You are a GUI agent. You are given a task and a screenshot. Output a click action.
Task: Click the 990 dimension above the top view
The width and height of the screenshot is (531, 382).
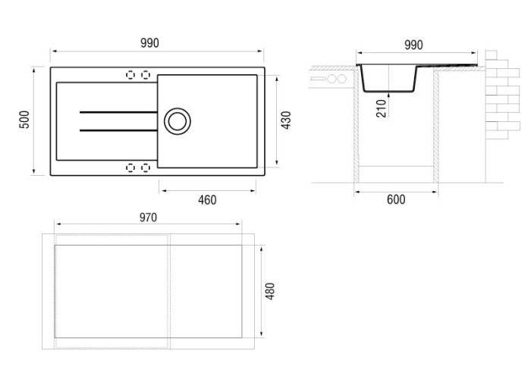point(149,43)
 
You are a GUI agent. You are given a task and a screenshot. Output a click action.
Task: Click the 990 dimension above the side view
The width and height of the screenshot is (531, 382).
point(413,45)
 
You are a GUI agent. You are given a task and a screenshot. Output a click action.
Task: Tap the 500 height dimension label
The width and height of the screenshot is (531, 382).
point(24,120)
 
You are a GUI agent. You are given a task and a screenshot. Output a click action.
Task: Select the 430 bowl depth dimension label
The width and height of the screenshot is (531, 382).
point(286,120)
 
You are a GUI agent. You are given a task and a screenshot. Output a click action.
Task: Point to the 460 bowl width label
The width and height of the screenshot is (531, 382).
point(207,200)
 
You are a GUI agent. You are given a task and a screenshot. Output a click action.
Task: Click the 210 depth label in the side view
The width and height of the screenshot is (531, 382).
point(382,108)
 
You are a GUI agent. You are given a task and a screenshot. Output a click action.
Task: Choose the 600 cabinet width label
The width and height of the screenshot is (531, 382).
point(396,199)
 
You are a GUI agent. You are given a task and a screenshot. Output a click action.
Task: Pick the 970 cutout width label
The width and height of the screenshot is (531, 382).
point(149,218)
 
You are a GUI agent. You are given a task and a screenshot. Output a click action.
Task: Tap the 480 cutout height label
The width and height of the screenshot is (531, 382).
point(270,291)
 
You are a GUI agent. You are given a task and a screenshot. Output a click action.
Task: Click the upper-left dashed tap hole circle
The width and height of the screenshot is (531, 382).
point(130,75)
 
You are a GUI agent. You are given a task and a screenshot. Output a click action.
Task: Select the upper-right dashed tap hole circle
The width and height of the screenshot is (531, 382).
point(146,75)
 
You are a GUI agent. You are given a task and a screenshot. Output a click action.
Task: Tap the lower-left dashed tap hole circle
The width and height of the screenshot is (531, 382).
point(130,168)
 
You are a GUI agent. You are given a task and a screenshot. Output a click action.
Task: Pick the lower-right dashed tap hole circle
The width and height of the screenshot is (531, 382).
point(146,168)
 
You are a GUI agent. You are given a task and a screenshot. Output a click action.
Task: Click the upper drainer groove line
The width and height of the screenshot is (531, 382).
point(118,112)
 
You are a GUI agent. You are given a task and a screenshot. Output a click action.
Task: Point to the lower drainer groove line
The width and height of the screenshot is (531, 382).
point(118,130)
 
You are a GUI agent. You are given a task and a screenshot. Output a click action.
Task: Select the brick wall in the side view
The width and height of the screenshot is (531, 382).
point(502,95)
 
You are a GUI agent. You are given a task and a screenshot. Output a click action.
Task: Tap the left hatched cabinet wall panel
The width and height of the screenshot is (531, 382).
point(357,125)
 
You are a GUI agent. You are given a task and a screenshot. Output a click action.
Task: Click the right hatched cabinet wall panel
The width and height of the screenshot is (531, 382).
point(436,125)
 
